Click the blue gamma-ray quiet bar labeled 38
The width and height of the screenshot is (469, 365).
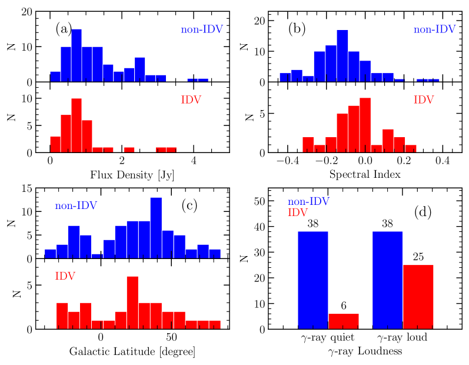(312, 280)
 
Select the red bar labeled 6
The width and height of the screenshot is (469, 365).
(343, 321)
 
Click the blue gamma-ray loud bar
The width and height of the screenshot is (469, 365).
(388, 280)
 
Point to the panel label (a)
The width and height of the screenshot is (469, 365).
(64, 28)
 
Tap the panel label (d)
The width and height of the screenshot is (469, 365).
(424, 212)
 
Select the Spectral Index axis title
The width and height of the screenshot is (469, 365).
(365, 175)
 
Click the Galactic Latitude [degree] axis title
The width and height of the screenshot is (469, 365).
(132, 352)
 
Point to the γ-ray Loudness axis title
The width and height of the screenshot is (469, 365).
(365, 351)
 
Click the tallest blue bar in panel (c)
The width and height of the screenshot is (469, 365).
(156, 228)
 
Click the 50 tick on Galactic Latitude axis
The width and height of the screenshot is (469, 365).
(171, 338)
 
